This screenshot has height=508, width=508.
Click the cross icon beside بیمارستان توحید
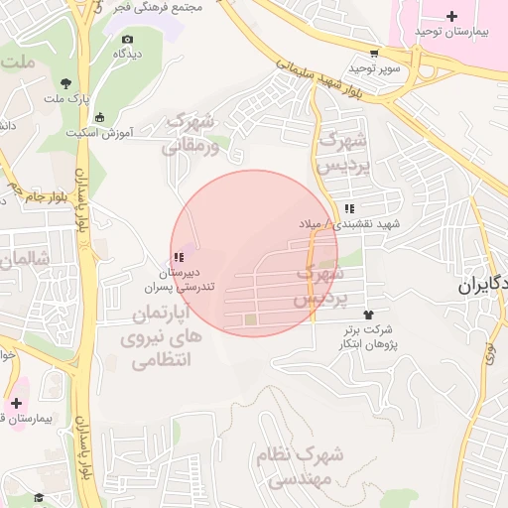452,16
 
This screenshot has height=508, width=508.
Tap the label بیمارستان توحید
453,33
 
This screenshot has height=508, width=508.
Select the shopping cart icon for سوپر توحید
373,54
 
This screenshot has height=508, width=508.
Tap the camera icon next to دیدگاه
126,39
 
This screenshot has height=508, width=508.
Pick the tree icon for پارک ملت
65,83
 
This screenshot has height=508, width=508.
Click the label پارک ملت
67,99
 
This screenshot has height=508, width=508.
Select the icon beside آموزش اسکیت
98,118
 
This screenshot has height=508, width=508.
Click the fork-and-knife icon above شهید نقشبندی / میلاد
349,209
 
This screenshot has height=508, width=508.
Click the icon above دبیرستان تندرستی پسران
179,258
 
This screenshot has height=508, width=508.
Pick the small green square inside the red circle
250,319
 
